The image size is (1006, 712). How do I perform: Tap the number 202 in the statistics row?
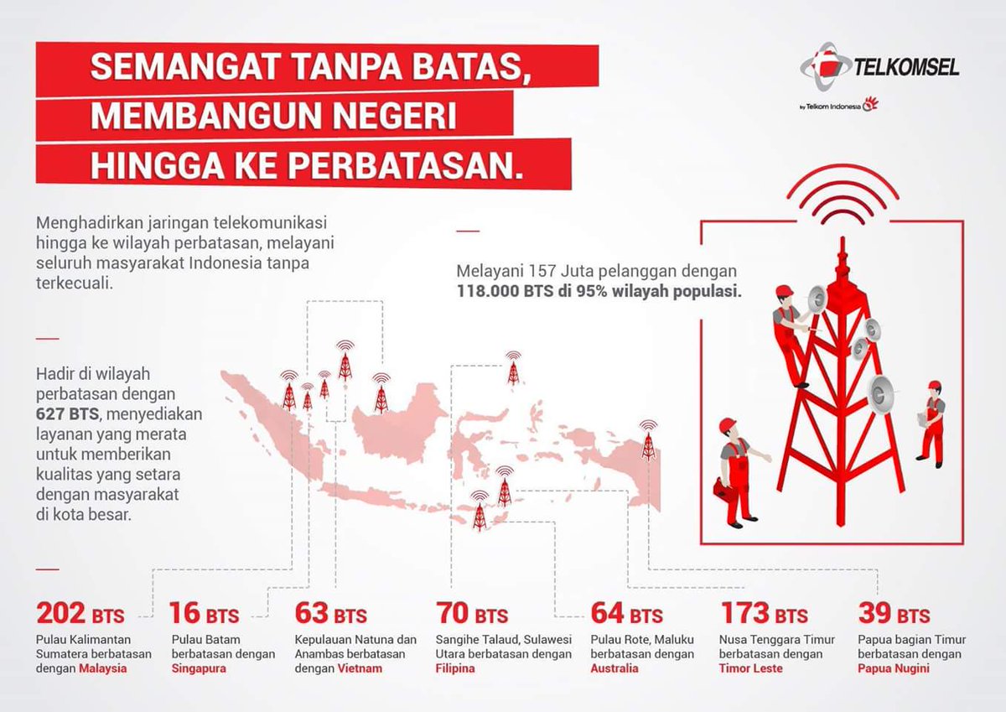[62, 614]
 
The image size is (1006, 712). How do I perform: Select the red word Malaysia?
[103, 669]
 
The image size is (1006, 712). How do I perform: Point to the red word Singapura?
[199, 669]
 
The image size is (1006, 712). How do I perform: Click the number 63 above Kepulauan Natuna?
[312, 614]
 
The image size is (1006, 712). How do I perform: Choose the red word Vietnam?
[360, 669]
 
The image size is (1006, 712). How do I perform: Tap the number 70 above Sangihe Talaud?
[453, 614]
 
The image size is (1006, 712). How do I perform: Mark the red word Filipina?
[455, 669]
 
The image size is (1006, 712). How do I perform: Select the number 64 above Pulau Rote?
[608, 614]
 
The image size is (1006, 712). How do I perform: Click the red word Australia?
[614, 669]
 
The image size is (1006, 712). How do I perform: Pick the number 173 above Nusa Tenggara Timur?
[744, 614]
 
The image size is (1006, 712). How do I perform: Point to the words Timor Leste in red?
[751, 669]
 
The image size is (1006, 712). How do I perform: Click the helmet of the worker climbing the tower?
[784, 291]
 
